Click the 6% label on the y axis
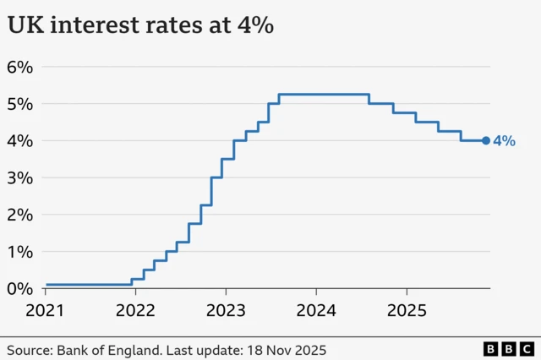point(20,67)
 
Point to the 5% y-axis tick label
point(20,104)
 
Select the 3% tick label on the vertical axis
point(20,177)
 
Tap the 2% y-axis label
point(20,215)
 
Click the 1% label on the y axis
point(20,252)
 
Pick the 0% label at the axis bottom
point(20,288)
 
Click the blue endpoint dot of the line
point(486,141)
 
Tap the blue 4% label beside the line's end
point(504,141)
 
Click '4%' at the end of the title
point(254,26)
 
